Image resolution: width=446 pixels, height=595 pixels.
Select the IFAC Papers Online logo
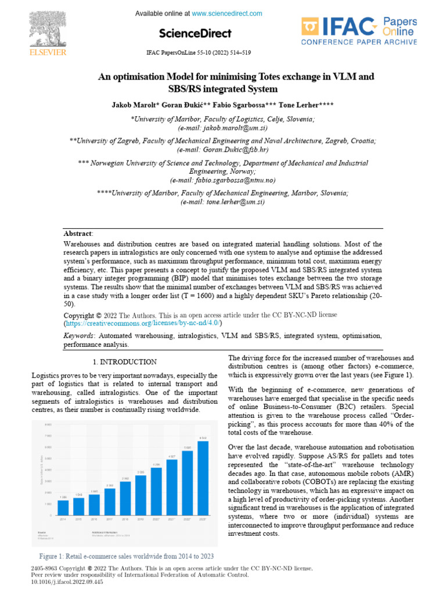(359, 31)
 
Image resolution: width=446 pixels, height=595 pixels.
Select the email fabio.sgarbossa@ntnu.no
(223, 180)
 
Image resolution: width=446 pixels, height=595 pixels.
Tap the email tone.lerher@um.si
(223, 202)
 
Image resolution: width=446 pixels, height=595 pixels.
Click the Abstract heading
(78, 233)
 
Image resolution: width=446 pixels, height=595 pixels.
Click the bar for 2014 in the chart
(63, 508)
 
